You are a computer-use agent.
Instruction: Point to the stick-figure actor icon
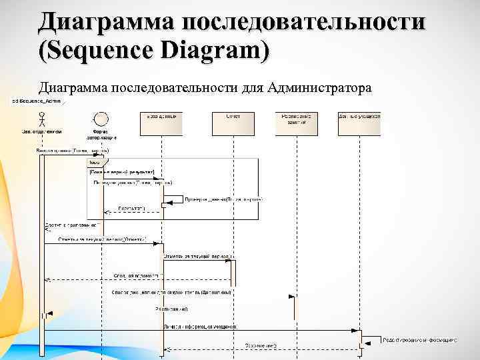tap(41, 120)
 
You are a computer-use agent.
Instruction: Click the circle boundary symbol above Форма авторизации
tap(101, 120)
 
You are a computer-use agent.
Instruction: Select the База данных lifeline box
tap(161, 123)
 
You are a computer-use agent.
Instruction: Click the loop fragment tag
tap(95, 162)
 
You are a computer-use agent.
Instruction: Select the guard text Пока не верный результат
tap(121, 171)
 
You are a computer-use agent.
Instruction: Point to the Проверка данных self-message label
tap(223, 199)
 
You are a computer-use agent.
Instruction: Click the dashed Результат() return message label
tap(131, 209)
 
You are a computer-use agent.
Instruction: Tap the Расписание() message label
tap(172, 309)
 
